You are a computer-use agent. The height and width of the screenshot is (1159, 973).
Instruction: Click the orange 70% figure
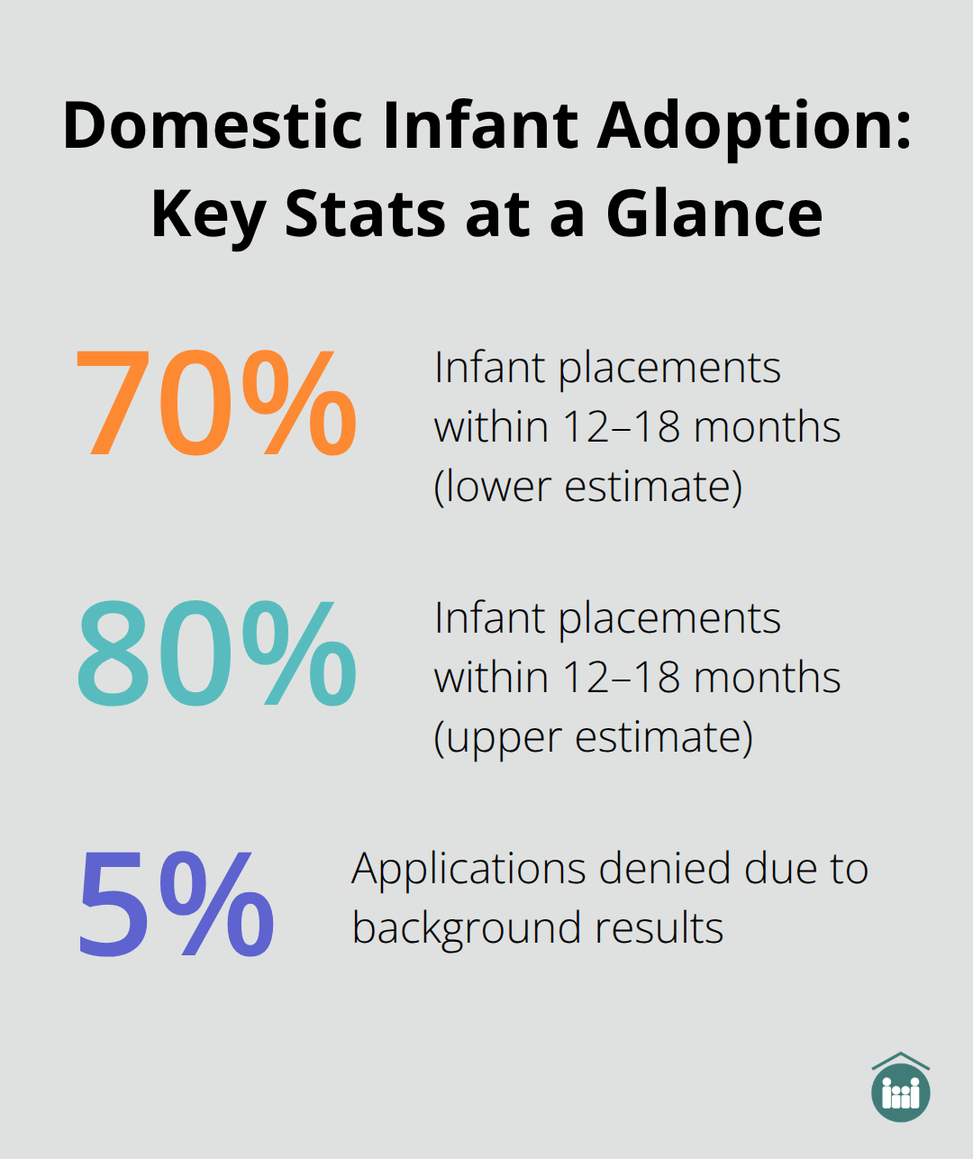point(216,403)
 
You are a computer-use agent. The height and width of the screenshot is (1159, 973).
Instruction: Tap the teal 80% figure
point(216,654)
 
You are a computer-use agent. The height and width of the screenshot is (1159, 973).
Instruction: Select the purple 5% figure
point(177,905)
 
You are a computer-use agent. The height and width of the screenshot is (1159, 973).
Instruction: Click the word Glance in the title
point(714,214)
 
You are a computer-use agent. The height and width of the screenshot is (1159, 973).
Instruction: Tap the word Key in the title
point(207,214)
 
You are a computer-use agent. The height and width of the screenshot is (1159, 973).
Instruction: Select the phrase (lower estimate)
point(588,487)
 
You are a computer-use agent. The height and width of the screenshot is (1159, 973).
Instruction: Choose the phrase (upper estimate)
point(593,737)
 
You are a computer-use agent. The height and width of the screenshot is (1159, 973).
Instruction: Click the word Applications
point(468,870)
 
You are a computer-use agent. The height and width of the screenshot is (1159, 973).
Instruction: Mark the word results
point(665,928)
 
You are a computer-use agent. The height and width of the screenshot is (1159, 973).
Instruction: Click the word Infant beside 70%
point(489,368)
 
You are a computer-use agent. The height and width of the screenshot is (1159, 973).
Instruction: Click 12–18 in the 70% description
point(621,427)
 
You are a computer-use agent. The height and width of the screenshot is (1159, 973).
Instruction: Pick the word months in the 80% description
point(767,678)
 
